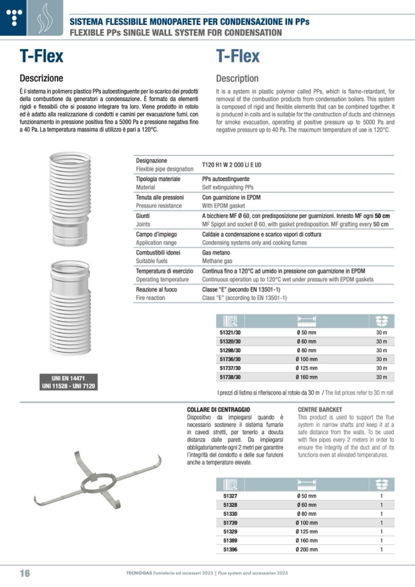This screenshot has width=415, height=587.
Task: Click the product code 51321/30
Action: pyautogui.click(x=230, y=332)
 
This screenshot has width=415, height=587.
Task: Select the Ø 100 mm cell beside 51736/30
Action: pyautogui.click(x=306, y=359)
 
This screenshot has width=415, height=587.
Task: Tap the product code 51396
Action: pyautogui.click(x=230, y=550)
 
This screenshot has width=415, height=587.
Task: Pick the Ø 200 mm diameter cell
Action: pyautogui.click(x=306, y=550)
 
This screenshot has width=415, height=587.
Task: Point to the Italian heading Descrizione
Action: pyautogui.click(x=41, y=78)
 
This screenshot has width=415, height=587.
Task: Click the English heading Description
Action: pyautogui.click(x=237, y=78)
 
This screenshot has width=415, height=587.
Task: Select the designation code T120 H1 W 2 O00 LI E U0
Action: pyautogui.click(x=231, y=164)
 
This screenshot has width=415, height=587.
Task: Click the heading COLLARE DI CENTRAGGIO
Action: pyautogui.click(x=219, y=409)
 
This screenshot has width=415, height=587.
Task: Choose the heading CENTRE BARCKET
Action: pyautogui.click(x=320, y=409)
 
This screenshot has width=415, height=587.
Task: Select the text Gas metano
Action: pyautogui.click(x=216, y=252)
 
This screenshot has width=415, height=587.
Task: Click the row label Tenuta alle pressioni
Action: pyautogui.click(x=159, y=198)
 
